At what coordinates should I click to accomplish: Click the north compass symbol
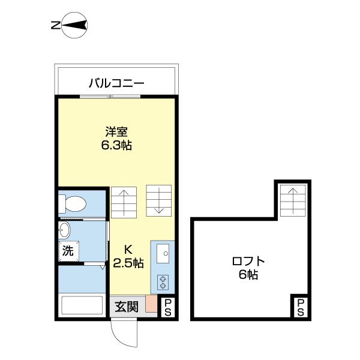tap(76, 25)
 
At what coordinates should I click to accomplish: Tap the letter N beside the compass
tap(55, 25)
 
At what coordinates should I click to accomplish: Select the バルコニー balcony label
tap(116, 83)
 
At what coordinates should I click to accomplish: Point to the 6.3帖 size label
tap(116, 145)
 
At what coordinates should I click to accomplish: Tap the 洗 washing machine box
tap(68, 251)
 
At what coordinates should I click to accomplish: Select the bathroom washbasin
tap(64, 230)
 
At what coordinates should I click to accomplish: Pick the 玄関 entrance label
tap(127, 307)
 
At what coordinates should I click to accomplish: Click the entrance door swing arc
tap(125, 336)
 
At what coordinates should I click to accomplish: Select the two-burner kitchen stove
tap(163, 281)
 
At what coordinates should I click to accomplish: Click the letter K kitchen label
tap(128, 249)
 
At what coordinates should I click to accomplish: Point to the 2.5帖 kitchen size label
tap(128, 263)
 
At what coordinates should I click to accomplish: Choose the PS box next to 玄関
tap(167, 307)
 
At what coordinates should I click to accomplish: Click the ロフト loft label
tap(248, 262)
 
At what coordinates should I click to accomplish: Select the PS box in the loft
tap(300, 307)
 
